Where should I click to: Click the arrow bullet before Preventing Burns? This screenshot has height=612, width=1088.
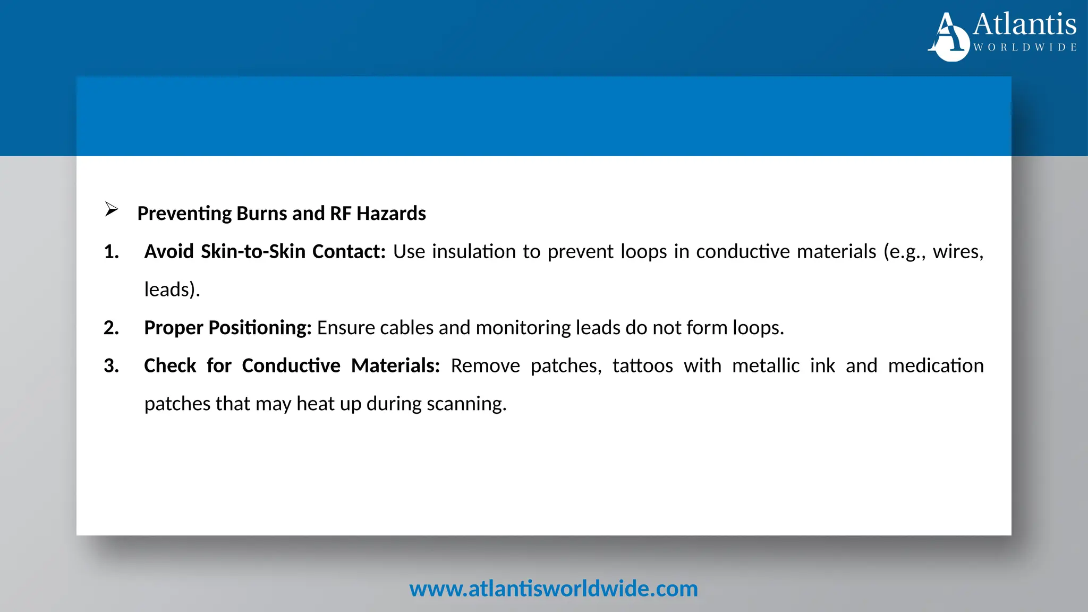pos(112,209)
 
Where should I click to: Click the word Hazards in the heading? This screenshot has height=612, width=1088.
pos(391,214)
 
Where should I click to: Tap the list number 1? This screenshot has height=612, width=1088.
pos(111,252)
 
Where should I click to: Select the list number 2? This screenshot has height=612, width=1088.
pos(111,328)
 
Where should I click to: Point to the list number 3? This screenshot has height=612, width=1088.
pos(111,366)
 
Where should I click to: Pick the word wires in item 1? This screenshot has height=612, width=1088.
pos(958,252)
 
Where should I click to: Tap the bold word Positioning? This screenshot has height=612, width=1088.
pos(260,328)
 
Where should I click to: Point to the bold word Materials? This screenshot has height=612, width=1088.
pos(395,366)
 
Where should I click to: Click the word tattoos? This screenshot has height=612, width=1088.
pos(642,366)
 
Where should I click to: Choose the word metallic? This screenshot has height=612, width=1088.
pos(766,366)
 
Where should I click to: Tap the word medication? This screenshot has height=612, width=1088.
pos(936,366)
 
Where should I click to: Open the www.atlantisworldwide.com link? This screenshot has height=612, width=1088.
pos(553,589)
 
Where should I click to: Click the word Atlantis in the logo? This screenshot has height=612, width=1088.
pos(1024,24)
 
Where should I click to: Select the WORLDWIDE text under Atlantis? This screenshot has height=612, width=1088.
pos(1025,48)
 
